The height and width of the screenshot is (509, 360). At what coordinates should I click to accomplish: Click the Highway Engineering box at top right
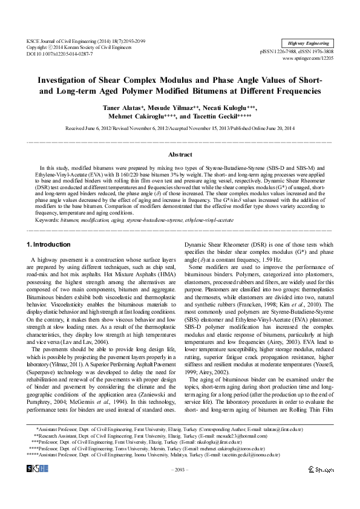pos(309,43)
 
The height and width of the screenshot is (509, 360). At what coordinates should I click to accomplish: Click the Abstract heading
pos(180,155)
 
